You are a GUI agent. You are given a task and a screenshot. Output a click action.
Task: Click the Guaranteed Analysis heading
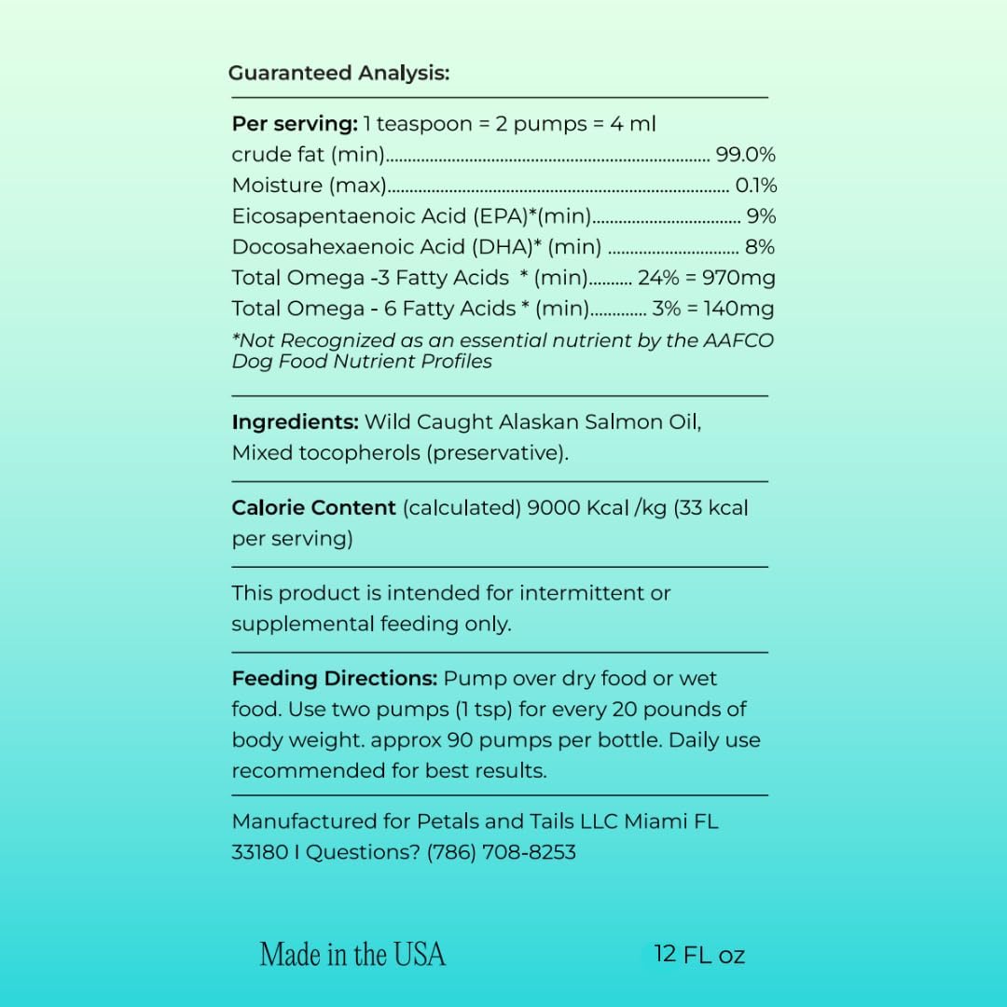click(x=338, y=73)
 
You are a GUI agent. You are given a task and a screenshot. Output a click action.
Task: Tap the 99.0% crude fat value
click(x=745, y=155)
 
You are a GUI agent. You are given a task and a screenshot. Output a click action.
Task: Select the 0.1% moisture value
click(x=755, y=186)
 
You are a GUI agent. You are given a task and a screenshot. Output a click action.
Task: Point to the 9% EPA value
click(x=761, y=216)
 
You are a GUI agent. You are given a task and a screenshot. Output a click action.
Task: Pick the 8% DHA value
click(x=760, y=247)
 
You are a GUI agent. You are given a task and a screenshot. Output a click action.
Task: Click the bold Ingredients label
click(x=295, y=421)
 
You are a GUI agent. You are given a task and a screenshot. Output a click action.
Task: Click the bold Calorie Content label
click(x=313, y=508)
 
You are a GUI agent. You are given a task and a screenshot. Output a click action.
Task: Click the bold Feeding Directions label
click(x=334, y=679)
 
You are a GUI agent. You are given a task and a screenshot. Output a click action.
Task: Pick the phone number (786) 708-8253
click(x=501, y=852)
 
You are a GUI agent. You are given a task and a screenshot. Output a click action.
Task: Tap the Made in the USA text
click(x=352, y=954)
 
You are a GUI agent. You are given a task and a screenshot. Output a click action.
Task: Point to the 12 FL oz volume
click(x=699, y=954)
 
